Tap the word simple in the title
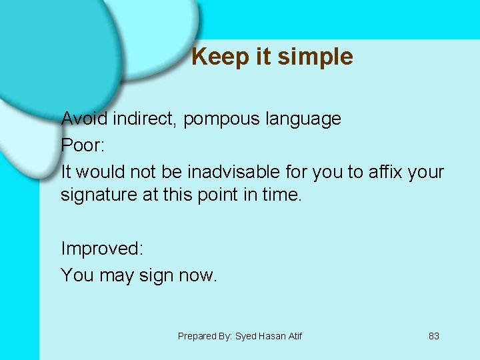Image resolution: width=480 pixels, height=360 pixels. point(315,57)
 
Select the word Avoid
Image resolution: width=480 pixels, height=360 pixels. point(85,119)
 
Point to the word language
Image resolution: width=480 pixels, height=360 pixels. point(303,119)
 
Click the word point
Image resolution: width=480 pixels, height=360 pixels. point(215,195)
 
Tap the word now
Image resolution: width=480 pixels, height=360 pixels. point(198,275)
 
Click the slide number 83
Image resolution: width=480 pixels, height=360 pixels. point(433,336)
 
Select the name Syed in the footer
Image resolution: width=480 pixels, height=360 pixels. point(246,336)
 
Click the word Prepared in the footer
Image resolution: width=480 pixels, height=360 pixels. point(195,336)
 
